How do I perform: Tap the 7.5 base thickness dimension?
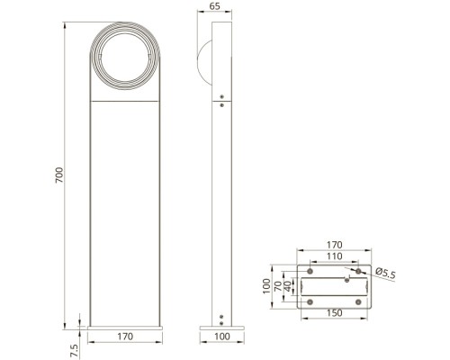click(x=75, y=346)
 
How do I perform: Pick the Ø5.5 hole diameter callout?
click(x=386, y=273)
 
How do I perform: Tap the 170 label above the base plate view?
click(x=334, y=244)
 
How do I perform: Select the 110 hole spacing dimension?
click(x=334, y=256)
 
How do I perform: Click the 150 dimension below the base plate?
click(x=334, y=314)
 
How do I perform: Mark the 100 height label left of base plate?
click(x=267, y=286)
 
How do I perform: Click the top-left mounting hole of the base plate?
click(x=310, y=271)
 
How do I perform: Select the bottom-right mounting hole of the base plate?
click(x=358, y=301)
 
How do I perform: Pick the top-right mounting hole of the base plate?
click(x=358, y=271)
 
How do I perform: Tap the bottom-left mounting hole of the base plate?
click(x=310, y=301)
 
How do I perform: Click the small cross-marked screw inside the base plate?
click(x=346, y=279)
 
